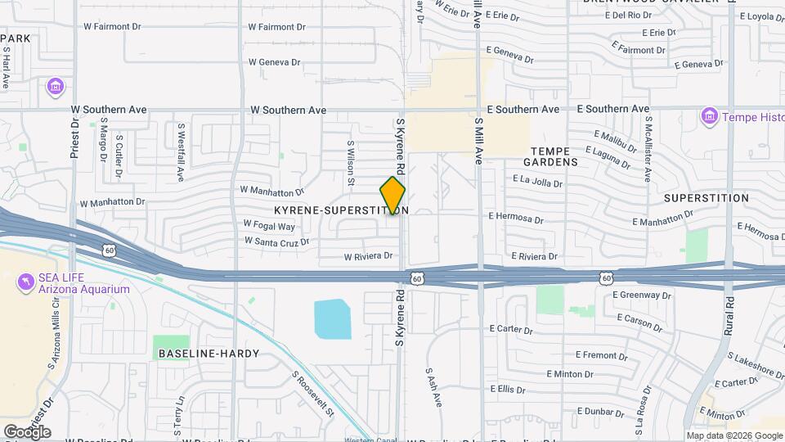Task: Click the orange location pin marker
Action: [x=392, y=196]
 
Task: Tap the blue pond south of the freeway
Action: [x=332, y=318]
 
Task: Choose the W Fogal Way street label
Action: [x=269, y=226]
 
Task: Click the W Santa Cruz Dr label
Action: [x=276, y=241]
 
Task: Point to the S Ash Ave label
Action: [x=433, y=388]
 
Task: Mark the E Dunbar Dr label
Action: [x=606, y=411]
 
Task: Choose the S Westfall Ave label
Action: [x=181, y=152]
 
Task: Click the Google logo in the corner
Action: [x=27, y=431]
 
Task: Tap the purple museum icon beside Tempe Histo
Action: [x=708, y=117]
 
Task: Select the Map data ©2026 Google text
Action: [x=734, y=435]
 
